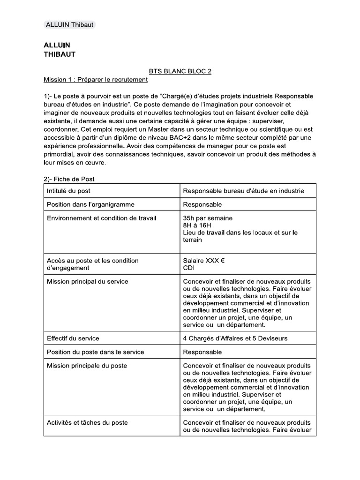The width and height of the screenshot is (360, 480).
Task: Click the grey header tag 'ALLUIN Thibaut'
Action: pos(69,25)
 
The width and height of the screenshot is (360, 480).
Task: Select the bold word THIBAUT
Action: pos(60,54)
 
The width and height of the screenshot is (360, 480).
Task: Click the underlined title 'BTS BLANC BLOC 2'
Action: pos(180,71)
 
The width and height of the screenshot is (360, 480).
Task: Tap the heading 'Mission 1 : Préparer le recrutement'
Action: pos(96,79)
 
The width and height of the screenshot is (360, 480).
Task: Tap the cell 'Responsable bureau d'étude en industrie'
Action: pos(243,191)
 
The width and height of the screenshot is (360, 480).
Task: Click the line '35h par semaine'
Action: pos(207,218)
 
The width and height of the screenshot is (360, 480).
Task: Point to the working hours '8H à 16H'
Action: pos(197,225)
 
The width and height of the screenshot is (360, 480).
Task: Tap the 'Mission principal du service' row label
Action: pos(88,282)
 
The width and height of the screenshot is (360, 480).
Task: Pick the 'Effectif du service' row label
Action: pos(73,338)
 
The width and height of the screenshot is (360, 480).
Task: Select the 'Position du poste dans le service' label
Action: pos(95,352)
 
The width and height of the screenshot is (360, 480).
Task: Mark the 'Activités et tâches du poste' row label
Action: pos(87,422)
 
